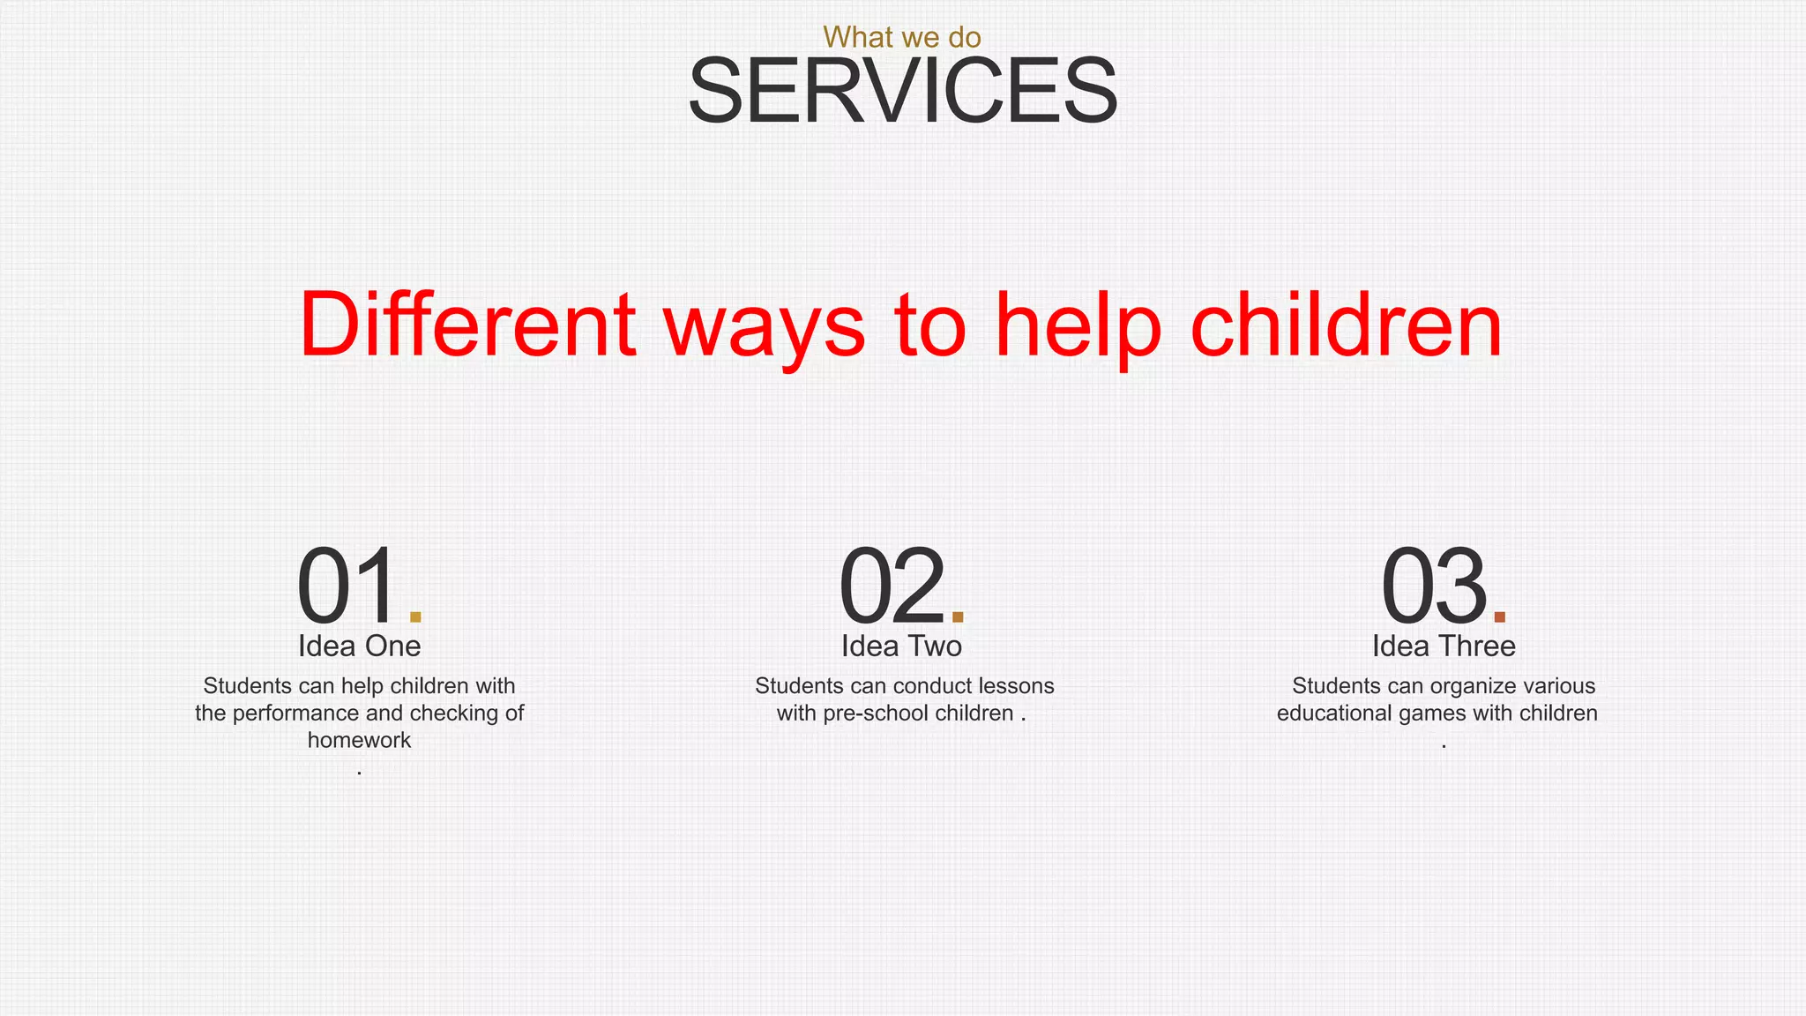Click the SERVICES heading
point(902,91)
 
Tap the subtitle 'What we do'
point(902,37)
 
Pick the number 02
point(891,586)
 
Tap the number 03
point(1433,586)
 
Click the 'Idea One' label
point(359,646)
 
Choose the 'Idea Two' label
point(901,646)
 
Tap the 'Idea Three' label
point(1444,646)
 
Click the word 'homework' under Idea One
point(359,741)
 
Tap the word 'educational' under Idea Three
point(1333,713)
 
